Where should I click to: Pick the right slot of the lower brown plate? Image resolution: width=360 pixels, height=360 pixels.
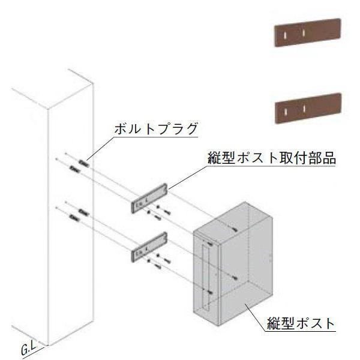pos(305,107)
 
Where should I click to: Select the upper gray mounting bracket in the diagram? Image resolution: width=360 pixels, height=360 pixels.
pos(149,198)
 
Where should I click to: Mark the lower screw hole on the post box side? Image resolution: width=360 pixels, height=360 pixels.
pos(235,278)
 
